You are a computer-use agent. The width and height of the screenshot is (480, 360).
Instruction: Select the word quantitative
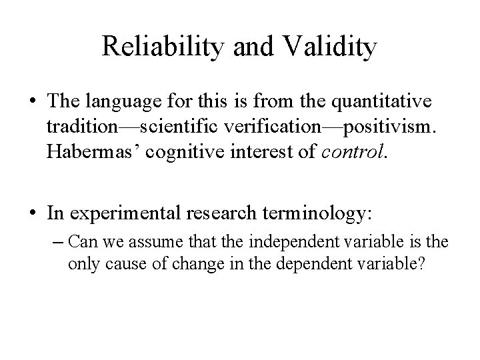click(377, 103)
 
